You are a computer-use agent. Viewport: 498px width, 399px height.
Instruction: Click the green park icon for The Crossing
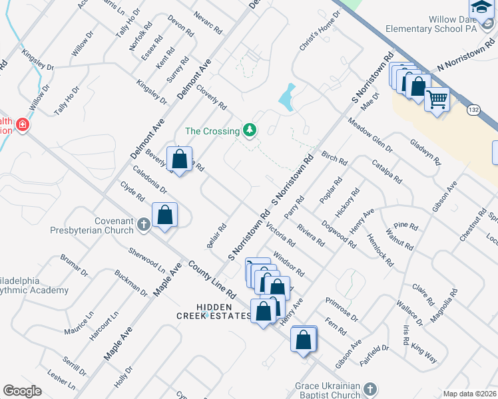coord(250,129)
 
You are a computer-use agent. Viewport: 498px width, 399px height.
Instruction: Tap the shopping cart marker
coord(437,100)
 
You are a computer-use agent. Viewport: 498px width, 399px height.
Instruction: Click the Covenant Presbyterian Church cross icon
coord(143,225)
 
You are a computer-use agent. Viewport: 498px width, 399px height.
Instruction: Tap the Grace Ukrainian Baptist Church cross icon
coord(371,388)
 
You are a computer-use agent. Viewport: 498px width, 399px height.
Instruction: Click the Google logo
coord(23,391)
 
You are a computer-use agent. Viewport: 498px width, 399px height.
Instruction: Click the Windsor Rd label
coord(288,263)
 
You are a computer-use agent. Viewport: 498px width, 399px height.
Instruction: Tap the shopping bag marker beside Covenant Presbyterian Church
coord(165,215)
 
